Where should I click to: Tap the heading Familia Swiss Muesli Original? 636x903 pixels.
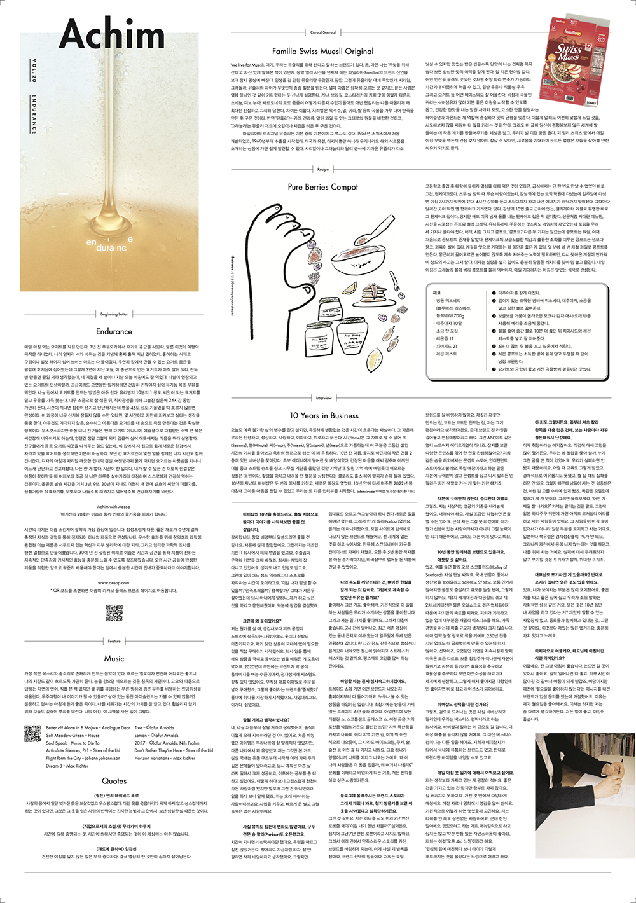click(x=322, y=51)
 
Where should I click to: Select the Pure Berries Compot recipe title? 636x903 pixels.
click(x=322, y=187)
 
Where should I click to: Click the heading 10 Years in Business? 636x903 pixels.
click(x=324, y=415)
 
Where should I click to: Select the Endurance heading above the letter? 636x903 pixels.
click(x=114, y=331)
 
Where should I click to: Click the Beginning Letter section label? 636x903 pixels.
click(x=114, y=314)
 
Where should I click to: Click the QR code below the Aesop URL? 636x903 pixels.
click(x=114, y=612)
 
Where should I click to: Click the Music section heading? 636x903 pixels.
click(x=114, y=658)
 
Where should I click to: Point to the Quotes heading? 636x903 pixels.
click(x=114, y=780)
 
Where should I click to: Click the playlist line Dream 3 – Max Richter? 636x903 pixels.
click(x=67, y=766)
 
